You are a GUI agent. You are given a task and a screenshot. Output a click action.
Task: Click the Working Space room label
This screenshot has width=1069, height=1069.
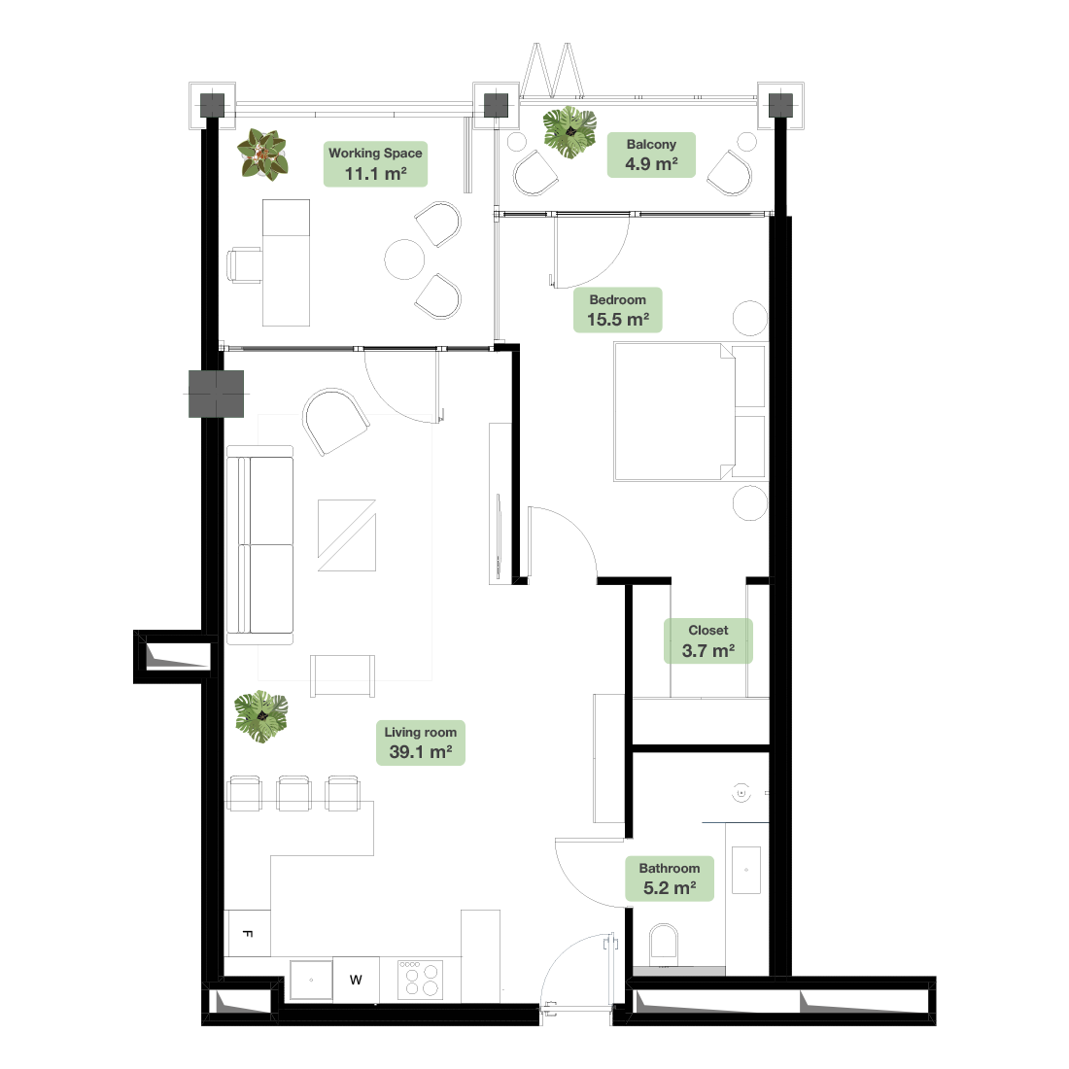376,163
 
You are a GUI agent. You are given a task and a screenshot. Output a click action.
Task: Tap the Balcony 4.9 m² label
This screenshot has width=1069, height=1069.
651,155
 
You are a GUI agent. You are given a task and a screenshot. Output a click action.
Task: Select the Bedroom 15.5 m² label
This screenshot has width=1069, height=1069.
618,310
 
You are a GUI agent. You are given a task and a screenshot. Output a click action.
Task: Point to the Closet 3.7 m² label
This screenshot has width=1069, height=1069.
708,640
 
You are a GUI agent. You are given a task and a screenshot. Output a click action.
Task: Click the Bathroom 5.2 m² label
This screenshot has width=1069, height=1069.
670,879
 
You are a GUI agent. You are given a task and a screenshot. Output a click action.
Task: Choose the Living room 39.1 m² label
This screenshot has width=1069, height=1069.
421,743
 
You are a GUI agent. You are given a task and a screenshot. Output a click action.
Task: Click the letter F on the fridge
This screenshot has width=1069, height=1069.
248,933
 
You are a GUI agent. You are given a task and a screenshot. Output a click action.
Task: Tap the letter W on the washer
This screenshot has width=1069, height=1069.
356,981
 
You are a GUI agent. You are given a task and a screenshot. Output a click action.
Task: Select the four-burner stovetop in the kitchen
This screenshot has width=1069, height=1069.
421,980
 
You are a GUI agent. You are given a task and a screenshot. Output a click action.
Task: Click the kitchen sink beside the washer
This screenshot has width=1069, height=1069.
312,981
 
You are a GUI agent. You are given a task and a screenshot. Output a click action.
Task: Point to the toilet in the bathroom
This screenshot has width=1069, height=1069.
664,945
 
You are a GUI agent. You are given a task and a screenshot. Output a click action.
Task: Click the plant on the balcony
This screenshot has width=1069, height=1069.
569,131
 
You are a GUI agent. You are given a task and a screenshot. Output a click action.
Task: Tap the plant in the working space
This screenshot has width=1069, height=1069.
262,155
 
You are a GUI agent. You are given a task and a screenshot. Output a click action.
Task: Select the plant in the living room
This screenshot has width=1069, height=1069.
261,716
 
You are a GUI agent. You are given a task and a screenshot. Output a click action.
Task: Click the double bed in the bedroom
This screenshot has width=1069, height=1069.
689,412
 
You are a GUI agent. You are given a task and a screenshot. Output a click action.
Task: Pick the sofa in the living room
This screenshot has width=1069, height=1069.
259,545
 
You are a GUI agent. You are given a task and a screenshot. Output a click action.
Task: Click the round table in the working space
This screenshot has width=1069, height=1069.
405,259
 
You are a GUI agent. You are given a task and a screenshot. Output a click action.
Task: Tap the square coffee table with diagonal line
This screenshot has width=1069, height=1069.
346,535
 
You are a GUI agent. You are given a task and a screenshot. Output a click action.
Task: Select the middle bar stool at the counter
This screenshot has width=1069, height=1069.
293,793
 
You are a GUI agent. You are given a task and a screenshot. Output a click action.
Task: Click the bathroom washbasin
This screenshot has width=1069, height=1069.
745,870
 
